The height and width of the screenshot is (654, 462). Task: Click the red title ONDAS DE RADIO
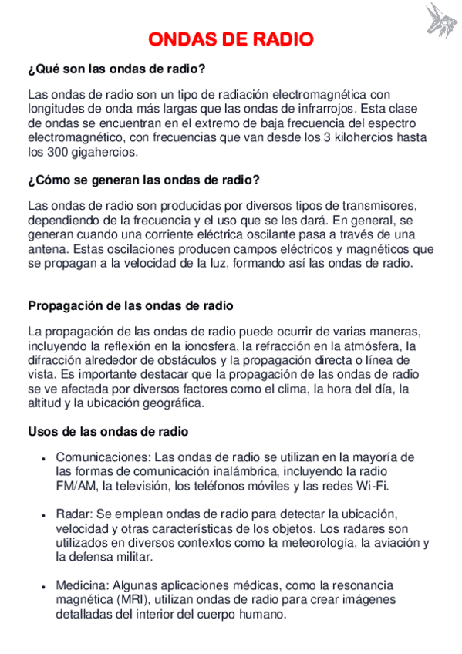tap(231, 39)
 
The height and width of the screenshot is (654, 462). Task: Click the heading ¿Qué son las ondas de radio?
tap(116, 69)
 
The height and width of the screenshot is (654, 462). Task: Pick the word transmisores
tap(378, 204)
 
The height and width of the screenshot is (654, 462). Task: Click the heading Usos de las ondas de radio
tap(108, 431)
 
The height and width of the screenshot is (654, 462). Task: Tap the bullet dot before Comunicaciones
tap(43, 457)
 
